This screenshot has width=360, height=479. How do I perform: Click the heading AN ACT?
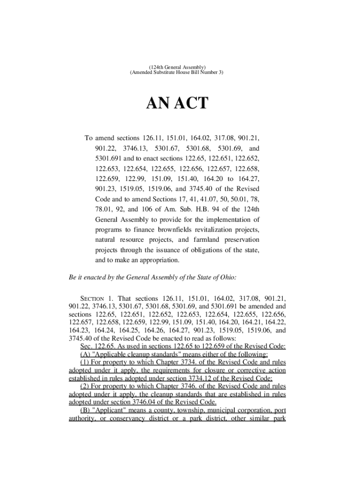click(177, 103)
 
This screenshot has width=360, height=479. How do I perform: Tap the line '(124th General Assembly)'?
click(177, 67)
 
